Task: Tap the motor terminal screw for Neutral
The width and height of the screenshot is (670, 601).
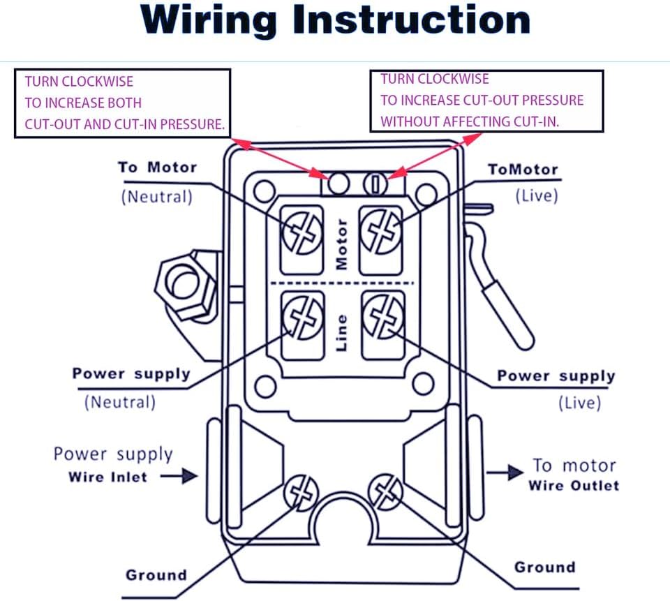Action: (302, 233)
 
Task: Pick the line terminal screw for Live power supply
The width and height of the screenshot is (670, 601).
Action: (383, 317)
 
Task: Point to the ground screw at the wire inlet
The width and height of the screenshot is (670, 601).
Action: (301, 492)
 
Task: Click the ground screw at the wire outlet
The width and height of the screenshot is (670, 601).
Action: (385, 492)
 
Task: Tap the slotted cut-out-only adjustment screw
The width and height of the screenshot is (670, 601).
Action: (375, 184)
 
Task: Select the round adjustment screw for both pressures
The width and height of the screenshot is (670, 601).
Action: (338, 184)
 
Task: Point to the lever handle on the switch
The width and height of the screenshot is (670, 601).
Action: (500, 278)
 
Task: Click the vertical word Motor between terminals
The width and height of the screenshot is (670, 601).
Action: (341, 244)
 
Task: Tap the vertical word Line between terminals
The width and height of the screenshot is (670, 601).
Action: (341, 334)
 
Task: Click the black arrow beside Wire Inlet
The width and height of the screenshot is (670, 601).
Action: (179, 476)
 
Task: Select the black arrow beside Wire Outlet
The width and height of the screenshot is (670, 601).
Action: (505, 473)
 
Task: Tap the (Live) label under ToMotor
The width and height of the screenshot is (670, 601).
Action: (537, 195)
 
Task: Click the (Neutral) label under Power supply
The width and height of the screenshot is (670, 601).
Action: (120, 402)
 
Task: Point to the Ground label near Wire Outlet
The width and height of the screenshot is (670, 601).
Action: (545, 567)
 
